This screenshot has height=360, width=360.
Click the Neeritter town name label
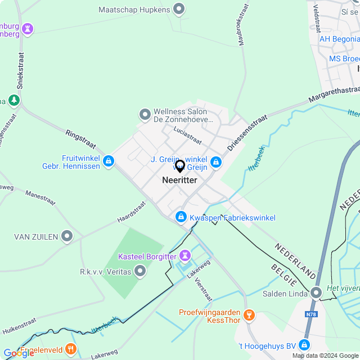pyautogui.click(x=179, y=180)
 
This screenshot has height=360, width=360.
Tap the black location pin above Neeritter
pyautogui.click(x=180, y=166)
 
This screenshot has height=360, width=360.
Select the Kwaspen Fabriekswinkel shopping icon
pyautogui.click(x=181, y=217)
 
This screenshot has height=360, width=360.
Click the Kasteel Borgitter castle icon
pyautogui.click(x=184, y=256)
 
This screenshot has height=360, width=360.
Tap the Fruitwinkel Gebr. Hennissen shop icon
pyautogui.click(x=109, y=162)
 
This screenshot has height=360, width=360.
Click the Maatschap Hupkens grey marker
pyautogui.click(x=179, y=9)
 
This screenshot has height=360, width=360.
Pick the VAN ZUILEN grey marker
pyautogui.click(x=67, y=237)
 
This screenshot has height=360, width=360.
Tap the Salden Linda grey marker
pyautogui.click(x=316, y=292)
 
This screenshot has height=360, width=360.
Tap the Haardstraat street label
pyautogui.click(x=132, y=211)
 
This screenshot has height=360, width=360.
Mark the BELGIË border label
pyautogui.click(x=283, y=276)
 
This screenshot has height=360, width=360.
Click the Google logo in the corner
pyautogui.click(x=19, y=353)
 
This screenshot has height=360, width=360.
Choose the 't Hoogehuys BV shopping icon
pyautogui.click(x=304, y=345)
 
